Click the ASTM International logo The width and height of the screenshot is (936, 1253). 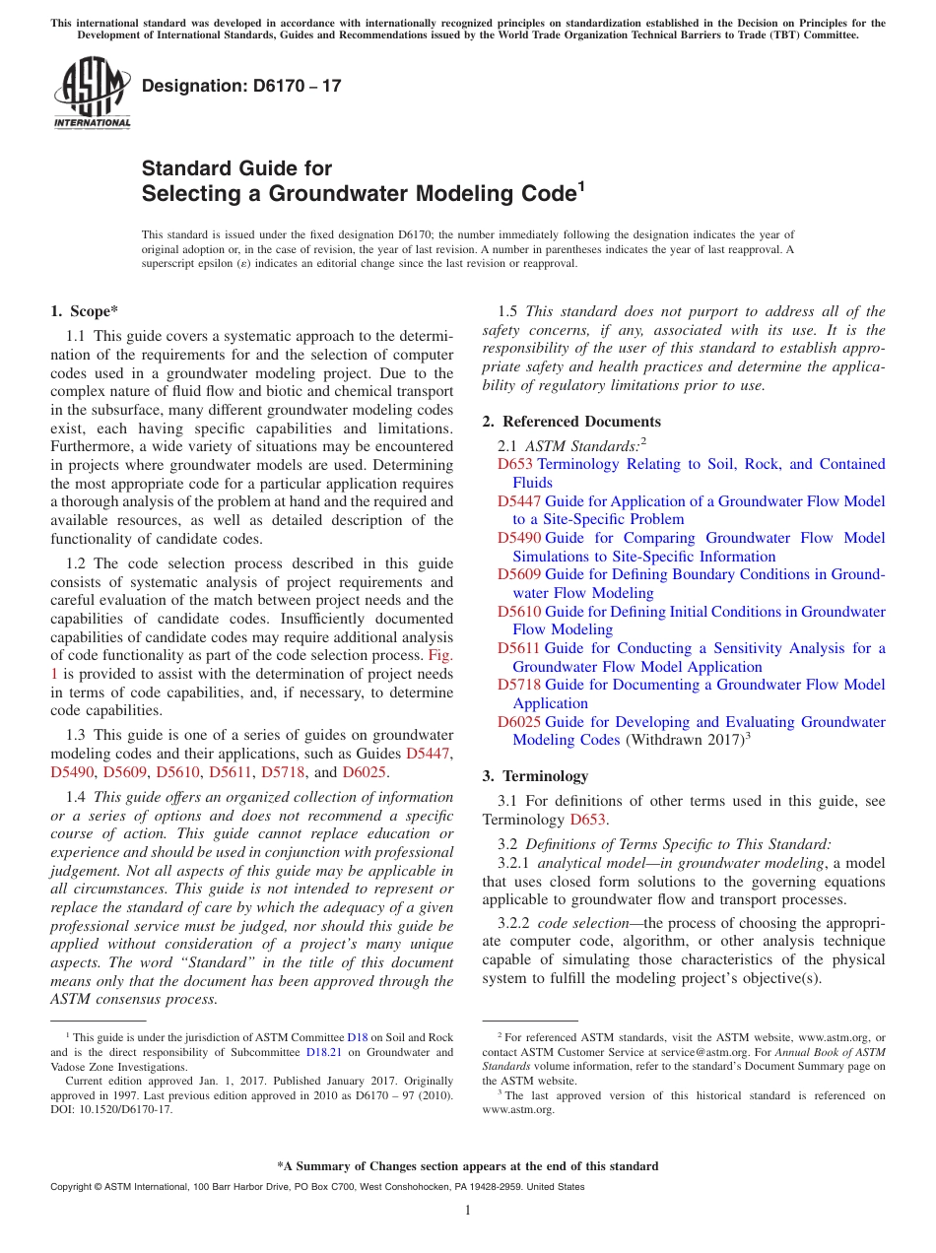(92, 94)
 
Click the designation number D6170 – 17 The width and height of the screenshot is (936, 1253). (241, 86)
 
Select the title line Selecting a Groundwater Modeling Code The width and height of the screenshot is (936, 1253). (358, 194)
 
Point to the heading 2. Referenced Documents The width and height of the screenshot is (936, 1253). (571, 422)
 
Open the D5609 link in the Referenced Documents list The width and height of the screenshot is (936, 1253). (519, 574)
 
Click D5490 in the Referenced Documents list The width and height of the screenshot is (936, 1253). (519, 538)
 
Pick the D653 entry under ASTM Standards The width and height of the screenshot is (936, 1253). (514, 464)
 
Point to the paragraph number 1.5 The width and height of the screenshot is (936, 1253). (506, 311)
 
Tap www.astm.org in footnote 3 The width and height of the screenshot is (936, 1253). (518, 1109)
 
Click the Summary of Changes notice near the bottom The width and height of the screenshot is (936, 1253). (467, 1166)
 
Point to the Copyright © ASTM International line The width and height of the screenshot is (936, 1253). (316, 1187)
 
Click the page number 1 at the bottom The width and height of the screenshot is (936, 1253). (468, 1211)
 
